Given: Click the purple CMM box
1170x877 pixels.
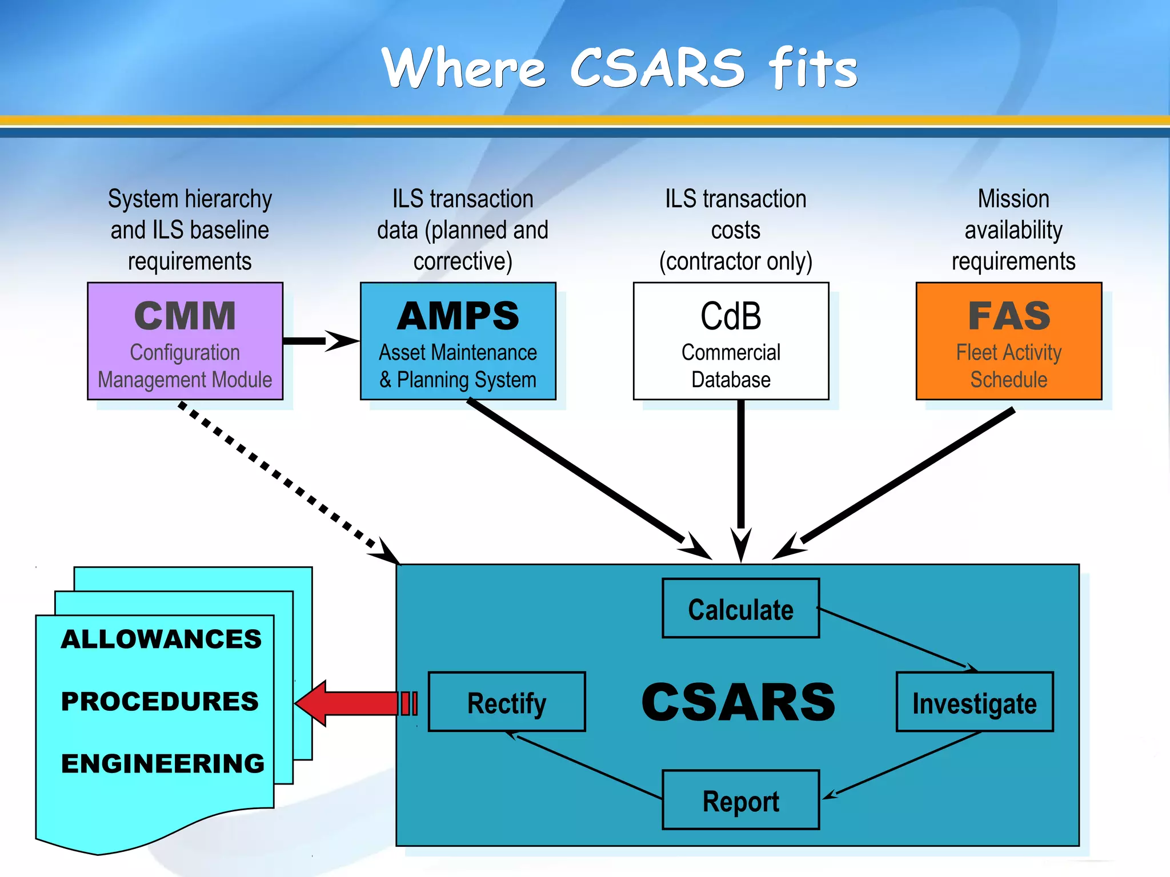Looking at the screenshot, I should click(x=185, y=341).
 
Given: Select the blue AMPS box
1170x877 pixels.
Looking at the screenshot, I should click(x=458, y=341).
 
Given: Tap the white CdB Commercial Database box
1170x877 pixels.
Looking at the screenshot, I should click(x=731, y=341).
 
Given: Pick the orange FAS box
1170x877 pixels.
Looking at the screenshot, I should click(x=1008, y=341).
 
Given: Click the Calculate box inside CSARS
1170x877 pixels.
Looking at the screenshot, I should click(x=740, y=609).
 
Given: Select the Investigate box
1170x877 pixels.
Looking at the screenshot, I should click(x=974, y=702).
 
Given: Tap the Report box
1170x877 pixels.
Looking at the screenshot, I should click(x=740, y=800).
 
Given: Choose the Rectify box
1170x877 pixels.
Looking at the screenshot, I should click(x=506, y=702).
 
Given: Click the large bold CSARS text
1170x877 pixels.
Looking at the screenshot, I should click(x=738, y=702).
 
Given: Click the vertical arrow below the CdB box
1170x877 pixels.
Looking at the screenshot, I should click(x=740, y=474).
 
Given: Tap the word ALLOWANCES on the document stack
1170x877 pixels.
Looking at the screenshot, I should click(x=161, y=639).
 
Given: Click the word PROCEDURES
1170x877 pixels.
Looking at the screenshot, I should click(x=160, y=701).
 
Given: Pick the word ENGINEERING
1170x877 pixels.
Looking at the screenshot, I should click(x=163, y=763).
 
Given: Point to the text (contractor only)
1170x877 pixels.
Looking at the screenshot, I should click(x=735, y=262).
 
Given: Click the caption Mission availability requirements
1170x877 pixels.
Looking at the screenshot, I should click(x=1013, y=230).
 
